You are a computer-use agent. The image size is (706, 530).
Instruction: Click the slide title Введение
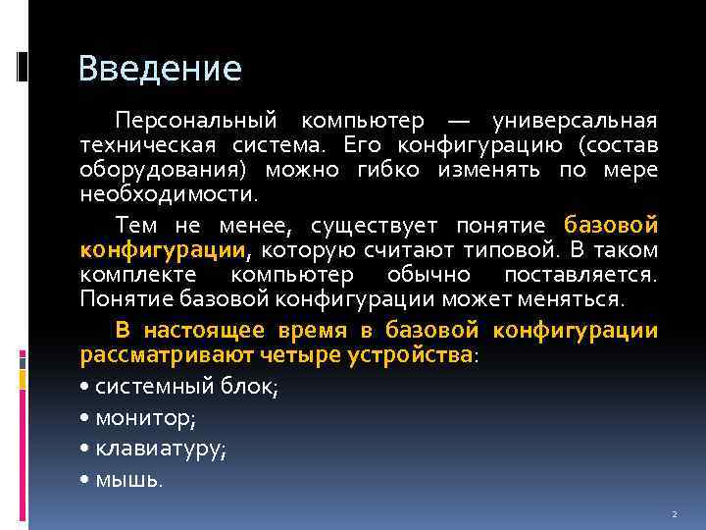click(x=160, y=69)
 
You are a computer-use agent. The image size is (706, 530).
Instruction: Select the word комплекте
click(x=137, y=274)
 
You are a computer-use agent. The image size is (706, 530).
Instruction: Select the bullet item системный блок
click(x=186, y=387)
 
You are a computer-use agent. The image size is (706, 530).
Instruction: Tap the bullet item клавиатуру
click(x=161, y=450)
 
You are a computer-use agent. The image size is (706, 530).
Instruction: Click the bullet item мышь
click(x=129, y=481)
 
